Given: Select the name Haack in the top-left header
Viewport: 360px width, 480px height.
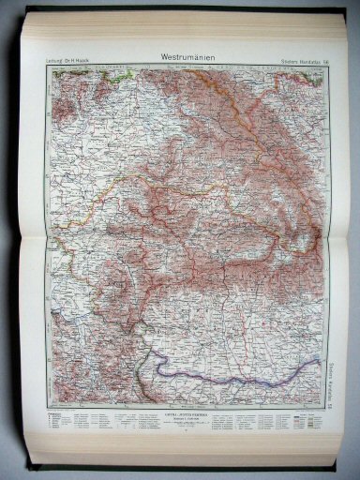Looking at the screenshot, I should (x=104, y=63).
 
